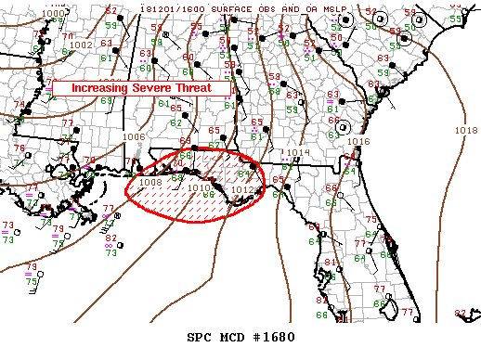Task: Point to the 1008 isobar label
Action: (x=150, y=183)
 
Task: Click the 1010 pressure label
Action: (x=198, y=188)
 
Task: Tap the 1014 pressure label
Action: (x=298, y=153)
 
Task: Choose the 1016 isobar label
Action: (x=360, y=142)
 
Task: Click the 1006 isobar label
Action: (x=135, y=136)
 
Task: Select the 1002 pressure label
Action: (x=81, y=45)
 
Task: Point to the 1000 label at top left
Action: (x=54, y=13)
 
